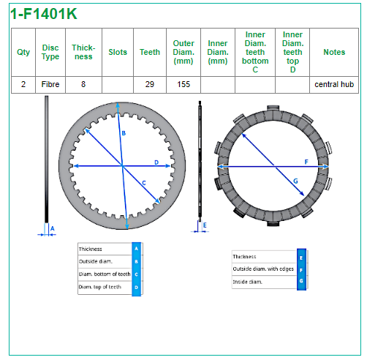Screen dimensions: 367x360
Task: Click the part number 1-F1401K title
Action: pyautogui.click(x=44, y=14)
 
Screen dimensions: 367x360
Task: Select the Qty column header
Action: pyautogui.click(x=23, y=52)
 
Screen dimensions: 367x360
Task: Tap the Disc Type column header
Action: pyautogui.click(x=50, y=52)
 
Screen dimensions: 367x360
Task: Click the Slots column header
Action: pyautogui.click(x=118, y=52)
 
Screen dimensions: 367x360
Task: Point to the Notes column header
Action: pyautogui.click(x=334, y=52)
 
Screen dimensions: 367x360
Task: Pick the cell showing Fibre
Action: pyautogui.click(x=50, y=84)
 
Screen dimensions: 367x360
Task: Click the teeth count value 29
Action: pyautogui.click(x=150, y=84)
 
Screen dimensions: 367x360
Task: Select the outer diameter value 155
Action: pyautogui.click(x=183, y=84)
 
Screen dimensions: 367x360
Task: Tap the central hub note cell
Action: pyautogui.click(x=334, y=84)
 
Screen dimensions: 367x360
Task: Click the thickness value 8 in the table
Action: pyautogui.click(x=83, y=84)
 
